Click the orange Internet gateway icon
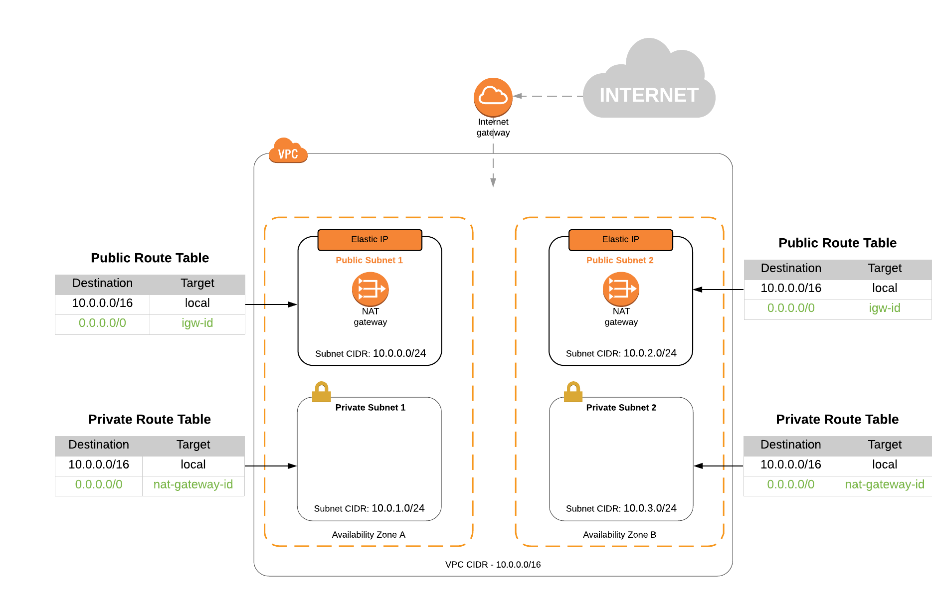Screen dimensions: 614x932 coord(493,97)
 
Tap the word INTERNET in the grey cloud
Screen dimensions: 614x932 coord(649,95)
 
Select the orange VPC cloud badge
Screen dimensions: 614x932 coord(288,152)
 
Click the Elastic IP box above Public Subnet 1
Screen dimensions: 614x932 coord(370,240)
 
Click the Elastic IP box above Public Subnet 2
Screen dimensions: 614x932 coord(620,240)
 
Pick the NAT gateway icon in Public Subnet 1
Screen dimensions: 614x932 coord(370,289)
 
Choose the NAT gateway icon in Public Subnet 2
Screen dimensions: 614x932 coord(621,289)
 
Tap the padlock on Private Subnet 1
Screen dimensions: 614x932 coord(322,392)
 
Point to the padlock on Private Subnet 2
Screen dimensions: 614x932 coord(573,392)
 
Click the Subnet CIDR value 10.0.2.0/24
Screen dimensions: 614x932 coord(650,353)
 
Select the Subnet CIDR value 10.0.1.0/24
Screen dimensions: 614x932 coord(398,508)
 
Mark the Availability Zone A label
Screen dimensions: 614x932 coord(369,535)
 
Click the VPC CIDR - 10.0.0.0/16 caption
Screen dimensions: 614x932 coord(493,565)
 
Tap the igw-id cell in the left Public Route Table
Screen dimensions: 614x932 coord(197,323)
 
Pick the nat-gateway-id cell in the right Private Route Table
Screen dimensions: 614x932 coord(884,484)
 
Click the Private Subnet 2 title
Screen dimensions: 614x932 coord(621,408)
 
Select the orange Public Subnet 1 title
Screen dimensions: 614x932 coord(369,260)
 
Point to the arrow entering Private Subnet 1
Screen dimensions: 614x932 coord(272,466)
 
